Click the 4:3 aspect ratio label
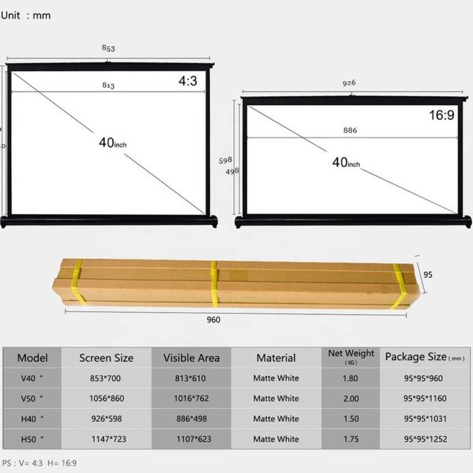187,82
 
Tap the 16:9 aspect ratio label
441,115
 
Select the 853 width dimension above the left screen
108,49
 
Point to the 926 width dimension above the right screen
349,83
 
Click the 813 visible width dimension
108,86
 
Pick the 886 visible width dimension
349,131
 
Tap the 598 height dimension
225,161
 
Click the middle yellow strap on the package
213,284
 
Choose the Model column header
32,358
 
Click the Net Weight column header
351,357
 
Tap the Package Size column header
424,357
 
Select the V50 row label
30,399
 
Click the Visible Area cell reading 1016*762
191,399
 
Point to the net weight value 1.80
351,378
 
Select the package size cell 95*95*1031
424,419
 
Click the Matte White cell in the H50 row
276,439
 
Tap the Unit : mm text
26,15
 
